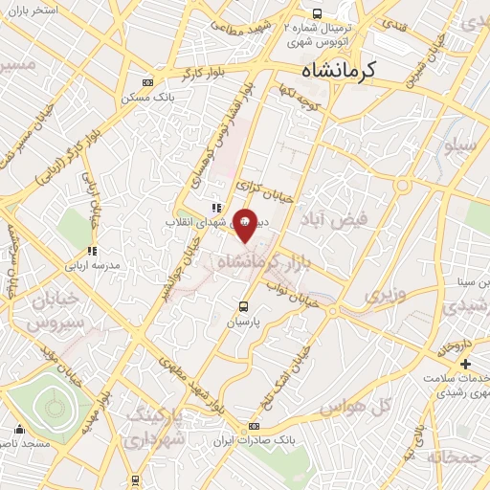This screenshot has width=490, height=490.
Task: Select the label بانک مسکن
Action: [145, 98]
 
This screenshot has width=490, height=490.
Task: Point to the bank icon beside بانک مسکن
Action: [145, 82]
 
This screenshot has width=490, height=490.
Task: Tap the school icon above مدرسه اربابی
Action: [92, 251]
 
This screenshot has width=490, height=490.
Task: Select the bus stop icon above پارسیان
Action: [243, 307]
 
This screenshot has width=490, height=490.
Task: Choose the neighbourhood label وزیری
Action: [384, 294]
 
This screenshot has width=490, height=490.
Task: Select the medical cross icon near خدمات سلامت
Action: [465, 365]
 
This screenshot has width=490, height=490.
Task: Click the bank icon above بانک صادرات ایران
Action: [254, 426]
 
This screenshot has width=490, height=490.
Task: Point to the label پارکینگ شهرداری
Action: [158, 428]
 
